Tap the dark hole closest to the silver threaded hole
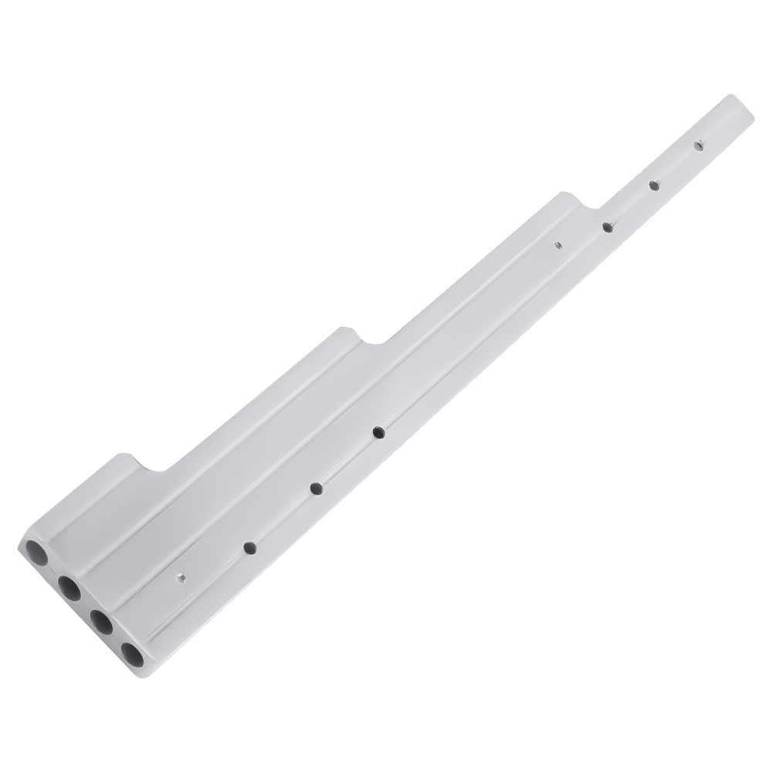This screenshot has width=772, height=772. click(249, 547)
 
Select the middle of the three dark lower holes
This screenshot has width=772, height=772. click(316, 488)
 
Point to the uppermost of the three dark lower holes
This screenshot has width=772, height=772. click(378, 432)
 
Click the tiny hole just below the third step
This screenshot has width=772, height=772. click(558, 245)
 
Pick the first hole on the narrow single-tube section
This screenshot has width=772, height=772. click(608, 227)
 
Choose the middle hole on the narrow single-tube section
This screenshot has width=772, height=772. click(653, 185)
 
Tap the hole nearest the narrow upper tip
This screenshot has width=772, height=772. click(698, 144)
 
